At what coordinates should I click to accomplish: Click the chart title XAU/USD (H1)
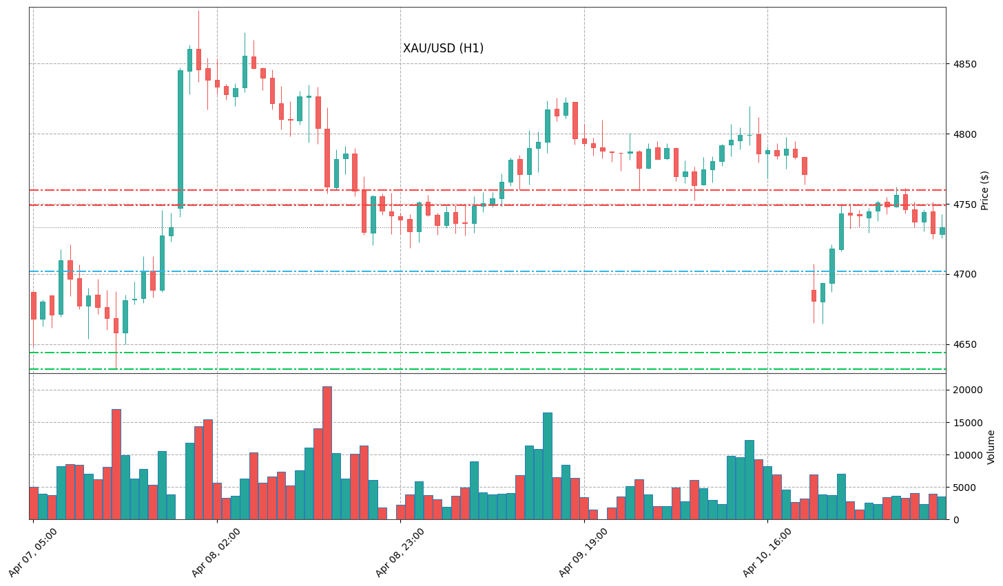443,48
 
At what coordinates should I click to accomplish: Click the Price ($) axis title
984,190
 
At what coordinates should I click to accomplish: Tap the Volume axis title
991,447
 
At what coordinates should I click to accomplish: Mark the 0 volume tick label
953,520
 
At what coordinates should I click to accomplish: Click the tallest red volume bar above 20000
327,452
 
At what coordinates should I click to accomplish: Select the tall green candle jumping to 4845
180,138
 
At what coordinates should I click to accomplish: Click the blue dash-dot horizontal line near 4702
482,271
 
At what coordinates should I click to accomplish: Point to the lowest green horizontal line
482,369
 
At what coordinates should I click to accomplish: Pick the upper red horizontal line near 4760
482,190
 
